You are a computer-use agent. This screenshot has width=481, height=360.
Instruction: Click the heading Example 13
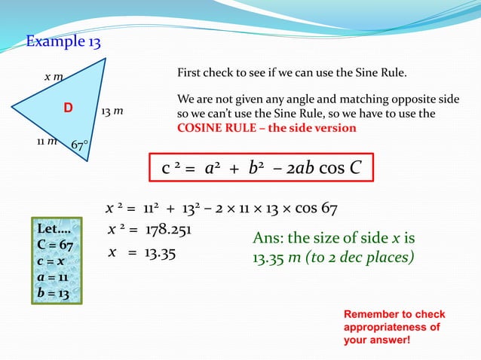[64, 41]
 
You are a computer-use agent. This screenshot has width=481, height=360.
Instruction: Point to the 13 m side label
[112, 111]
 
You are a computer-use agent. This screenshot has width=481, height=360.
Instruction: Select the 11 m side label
[47, 141]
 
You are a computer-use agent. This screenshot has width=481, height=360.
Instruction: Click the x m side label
[54, 76]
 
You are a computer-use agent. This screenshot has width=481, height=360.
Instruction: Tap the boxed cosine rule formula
[261, 168]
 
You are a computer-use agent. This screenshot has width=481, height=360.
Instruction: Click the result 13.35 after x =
[159, 254]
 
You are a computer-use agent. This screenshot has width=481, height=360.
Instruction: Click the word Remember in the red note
[371, 314]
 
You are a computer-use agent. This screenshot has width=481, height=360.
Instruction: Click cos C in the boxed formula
[342, 169]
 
